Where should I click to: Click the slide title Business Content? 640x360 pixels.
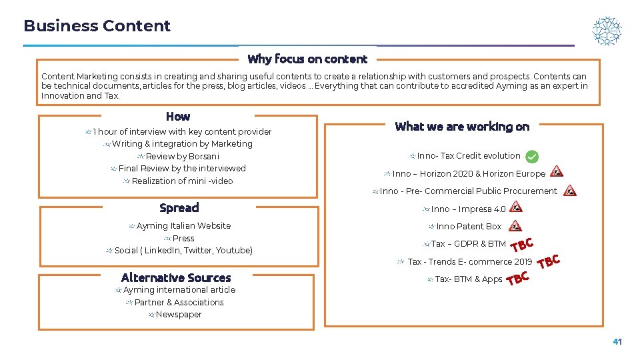click(x=97, y=26)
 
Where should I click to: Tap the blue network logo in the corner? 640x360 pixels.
click(x=607, y=31)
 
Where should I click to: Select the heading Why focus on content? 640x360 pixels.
click(x=307, y=59)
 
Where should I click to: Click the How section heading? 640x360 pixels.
click(x=178, y=116)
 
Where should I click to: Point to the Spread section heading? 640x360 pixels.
click(x=179, y=207)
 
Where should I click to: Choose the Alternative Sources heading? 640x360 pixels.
click(x=176, y=277)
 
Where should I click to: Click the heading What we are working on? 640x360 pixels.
click(x=462, y=126)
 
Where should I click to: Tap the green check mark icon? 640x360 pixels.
click(x=532, y=157)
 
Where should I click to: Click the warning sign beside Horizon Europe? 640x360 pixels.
click(x=556, y=172)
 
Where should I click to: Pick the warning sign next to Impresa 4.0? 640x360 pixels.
click(x=516, y=207)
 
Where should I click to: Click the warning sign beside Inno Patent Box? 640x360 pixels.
click(x=515, y=226)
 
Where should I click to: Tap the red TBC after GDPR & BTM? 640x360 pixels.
click(x=522, y=245)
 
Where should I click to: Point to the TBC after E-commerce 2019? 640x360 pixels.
click(x=549, y=261)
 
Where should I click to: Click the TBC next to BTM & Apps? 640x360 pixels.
click(x=518, y=279)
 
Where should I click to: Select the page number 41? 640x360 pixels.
click(x=617, y=342)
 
